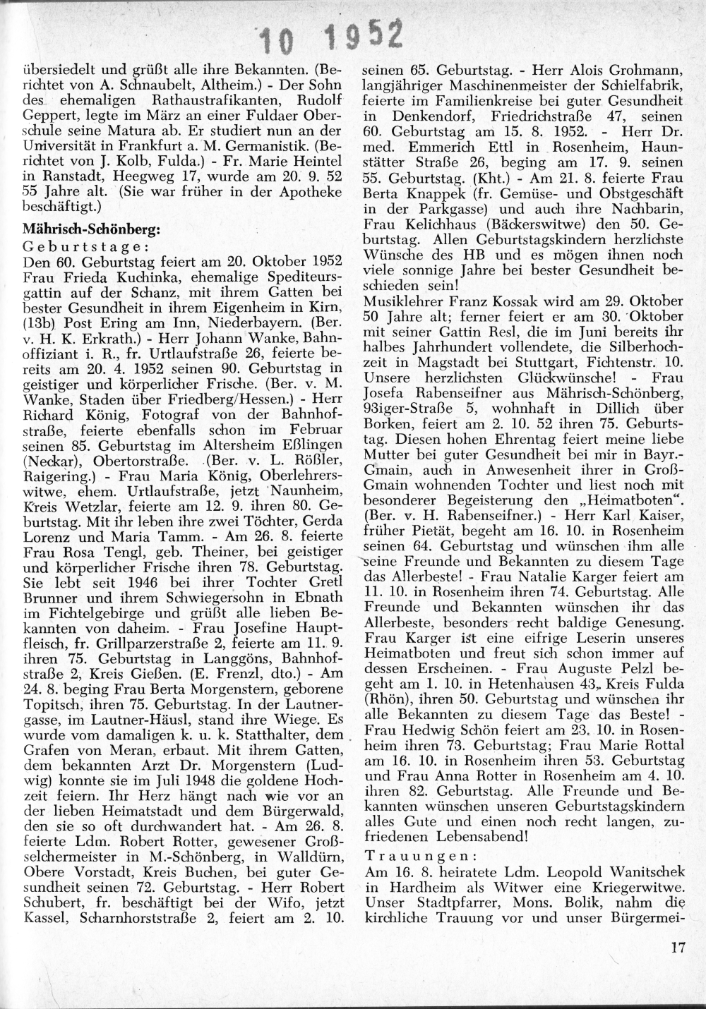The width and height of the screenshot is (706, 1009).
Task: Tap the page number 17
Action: (679, 948)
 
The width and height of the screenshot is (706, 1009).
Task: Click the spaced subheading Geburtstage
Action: (85, 247)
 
